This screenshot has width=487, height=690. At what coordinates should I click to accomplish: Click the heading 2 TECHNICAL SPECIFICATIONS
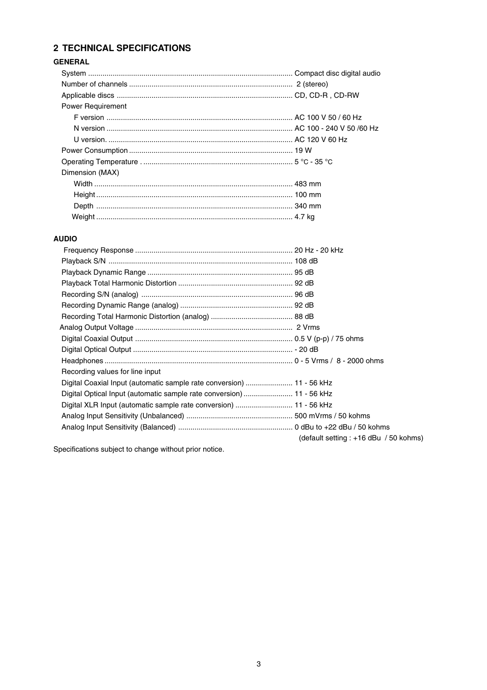[x=122, y=48]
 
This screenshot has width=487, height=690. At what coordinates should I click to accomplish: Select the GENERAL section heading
[x=71, y=62]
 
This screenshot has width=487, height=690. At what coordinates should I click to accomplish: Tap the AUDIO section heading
[x=65, y=239]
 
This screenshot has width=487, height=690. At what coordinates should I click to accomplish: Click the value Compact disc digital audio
[x=337, y=73]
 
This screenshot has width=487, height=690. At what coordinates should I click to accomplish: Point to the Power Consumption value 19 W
[x=303, y=150]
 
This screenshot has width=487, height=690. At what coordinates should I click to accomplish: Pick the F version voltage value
[x=328, y=117]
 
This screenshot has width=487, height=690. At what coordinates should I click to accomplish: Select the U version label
[x=90, y=140]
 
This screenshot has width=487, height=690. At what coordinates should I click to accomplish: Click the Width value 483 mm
[x=308, y=184]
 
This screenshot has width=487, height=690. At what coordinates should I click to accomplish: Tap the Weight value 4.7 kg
[x=304, y=217]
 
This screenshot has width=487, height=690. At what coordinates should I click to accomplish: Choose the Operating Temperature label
[x=100, y=162]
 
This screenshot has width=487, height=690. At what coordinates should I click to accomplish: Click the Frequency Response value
[x=319, y=250]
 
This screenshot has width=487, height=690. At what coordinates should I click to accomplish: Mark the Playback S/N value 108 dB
[x=306, y=261]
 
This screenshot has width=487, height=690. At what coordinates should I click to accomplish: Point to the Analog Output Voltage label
[x=97, y=327]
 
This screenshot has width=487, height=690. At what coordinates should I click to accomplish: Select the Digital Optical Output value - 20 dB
[x=306, y=349]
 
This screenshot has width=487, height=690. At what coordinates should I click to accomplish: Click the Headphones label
[x=82, y=361]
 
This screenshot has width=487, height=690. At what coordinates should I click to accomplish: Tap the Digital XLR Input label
[x=147, y=405]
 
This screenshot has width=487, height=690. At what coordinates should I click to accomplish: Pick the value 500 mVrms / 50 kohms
[x=332, y=416]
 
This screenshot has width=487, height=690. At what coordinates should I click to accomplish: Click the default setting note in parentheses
[x=361, y=438]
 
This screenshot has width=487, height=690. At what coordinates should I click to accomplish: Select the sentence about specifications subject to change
[x=138, y=449]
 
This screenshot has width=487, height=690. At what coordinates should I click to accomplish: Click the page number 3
[x=259, y=664]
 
